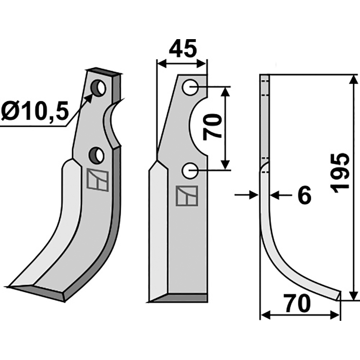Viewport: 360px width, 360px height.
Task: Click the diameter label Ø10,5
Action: click(34, 110)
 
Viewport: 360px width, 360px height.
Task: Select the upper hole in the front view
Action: click(190, 87)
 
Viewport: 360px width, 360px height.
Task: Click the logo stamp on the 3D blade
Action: click(97, 180)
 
